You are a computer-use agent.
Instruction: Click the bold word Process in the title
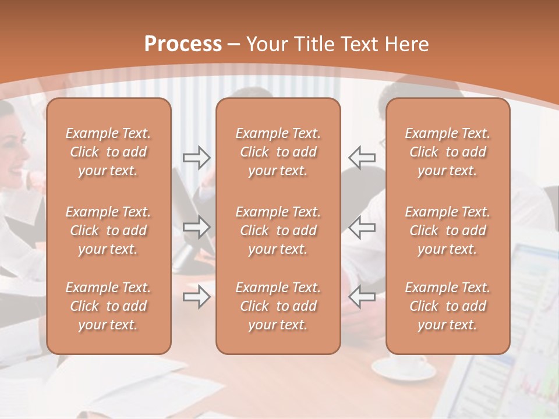[183, 44]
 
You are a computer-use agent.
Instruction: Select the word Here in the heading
[406, 44]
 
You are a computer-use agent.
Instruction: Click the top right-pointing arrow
[196, 157]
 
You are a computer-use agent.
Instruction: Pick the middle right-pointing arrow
[196, 227]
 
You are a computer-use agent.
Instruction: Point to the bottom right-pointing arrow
[196, 297]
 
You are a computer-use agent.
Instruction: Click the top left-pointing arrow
[362, 157]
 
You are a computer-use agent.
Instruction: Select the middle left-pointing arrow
[362, 227]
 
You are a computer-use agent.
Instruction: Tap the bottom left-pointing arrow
[362, 297]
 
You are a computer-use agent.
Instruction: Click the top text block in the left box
[108, 152]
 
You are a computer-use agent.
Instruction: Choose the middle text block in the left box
[108, 230]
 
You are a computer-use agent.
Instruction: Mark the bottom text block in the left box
[108, 306]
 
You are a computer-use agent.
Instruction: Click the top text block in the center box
[278, 152]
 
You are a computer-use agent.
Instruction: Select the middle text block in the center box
[278, 230]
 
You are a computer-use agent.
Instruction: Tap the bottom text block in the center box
[278, 306]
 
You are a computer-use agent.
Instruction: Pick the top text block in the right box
[447, 152]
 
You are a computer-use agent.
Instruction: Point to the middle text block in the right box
[447, 230]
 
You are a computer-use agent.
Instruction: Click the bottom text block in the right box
[447, 306]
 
